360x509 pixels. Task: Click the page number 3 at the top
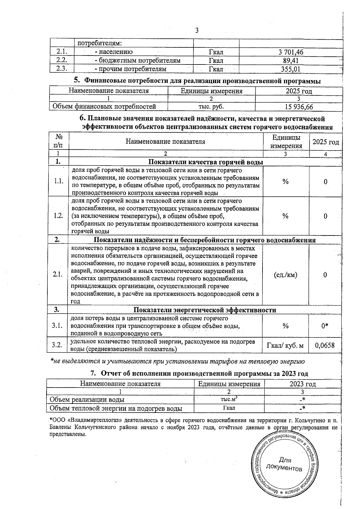click(197, 30)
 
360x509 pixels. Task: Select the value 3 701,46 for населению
click(291, 52)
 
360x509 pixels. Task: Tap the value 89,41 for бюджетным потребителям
click(291, 61)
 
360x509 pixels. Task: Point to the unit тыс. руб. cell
click(211, 106)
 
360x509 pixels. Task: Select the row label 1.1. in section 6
click(59, 181)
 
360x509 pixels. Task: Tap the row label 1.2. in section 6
click(59, 216)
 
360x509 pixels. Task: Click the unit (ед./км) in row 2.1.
click(286, 275)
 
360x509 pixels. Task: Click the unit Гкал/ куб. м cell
click(285, 346)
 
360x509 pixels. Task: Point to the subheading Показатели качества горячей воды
click(206, 162)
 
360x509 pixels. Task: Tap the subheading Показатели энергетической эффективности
click(205, 310)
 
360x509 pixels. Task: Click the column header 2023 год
click(302, 384)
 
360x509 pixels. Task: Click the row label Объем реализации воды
click(87, 400)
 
